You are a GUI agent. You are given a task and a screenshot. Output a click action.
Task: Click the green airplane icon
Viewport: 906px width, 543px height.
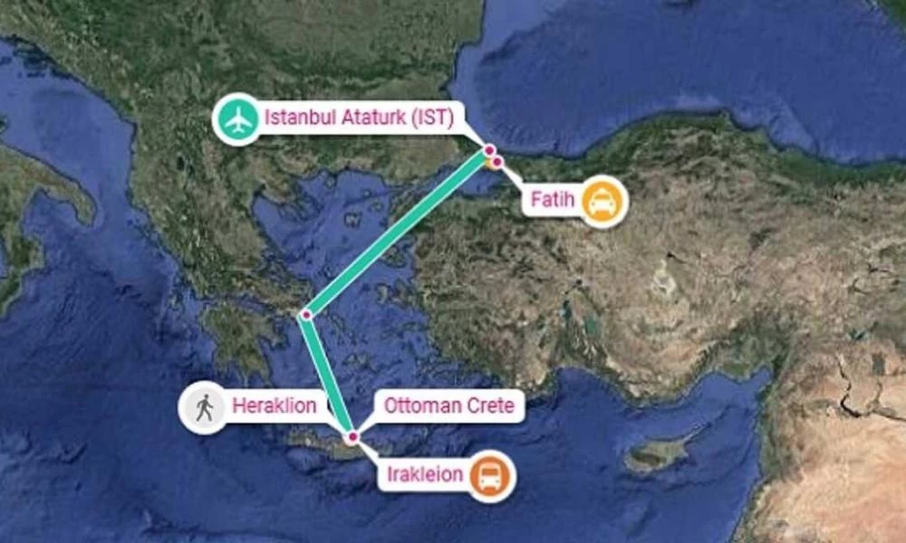point(237,119)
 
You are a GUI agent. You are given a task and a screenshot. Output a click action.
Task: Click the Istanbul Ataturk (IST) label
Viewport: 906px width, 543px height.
point(359,118)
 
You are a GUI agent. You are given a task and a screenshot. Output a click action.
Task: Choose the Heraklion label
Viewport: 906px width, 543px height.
point(275,406)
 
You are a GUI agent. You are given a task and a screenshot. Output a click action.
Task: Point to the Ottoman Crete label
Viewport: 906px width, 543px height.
point(449,406)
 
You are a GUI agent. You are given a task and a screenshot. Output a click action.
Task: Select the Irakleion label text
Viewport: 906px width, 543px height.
point(426,474)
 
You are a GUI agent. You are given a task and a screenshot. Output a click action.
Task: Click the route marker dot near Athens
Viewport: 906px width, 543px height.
point(307,315)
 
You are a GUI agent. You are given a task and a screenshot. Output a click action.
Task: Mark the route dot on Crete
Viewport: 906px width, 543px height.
point(352,438)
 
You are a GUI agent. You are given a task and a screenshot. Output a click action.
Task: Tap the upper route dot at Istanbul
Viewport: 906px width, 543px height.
point(489,150)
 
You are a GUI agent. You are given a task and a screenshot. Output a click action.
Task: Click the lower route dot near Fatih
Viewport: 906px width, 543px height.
point(496,161)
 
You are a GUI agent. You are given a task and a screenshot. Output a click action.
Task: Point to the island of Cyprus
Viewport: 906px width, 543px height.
point(657,454)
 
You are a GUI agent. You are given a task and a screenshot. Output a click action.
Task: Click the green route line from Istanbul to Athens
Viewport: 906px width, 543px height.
point(399,233)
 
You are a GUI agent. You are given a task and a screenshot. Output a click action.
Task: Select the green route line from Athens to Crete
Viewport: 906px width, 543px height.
point(330,376)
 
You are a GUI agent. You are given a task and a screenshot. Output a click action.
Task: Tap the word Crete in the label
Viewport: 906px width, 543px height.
point(491,406)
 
